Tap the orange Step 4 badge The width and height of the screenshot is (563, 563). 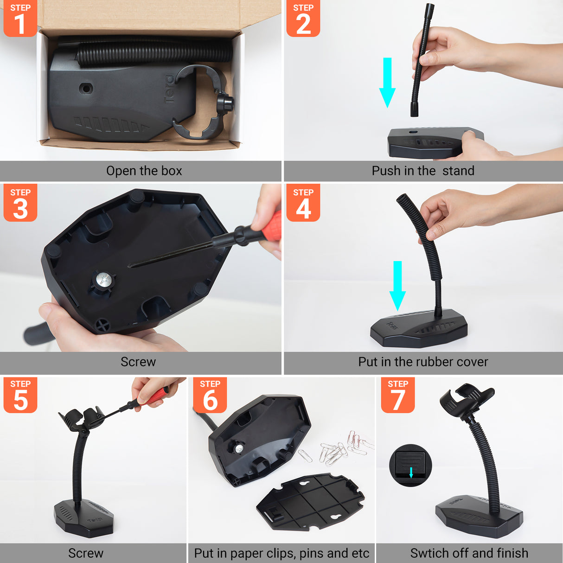coord(303,203)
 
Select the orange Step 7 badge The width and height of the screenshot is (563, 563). coord(397,395)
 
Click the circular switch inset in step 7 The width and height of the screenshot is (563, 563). coord(410,465)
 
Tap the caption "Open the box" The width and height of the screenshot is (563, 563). coord(144,171)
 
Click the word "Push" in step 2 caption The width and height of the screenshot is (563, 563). coord(386,171)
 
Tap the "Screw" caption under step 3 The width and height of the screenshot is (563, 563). coord(138,362)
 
